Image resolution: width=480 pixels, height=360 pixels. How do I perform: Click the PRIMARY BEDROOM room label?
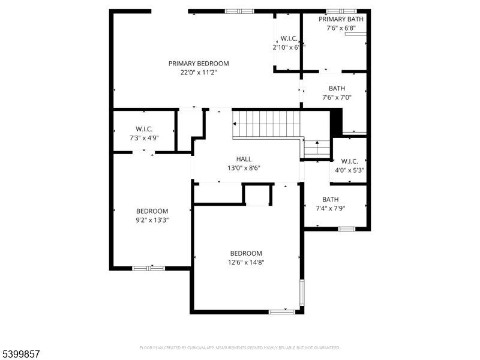(199, 63)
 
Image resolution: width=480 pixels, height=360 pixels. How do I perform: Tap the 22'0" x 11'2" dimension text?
(199, 73)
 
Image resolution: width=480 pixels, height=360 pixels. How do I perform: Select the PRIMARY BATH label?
(341, 19)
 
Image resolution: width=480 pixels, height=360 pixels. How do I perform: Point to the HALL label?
(244, 159)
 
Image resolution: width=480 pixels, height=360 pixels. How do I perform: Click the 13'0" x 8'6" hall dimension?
(244, 168)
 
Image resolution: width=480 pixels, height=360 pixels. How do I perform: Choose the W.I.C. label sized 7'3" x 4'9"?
(143, 129)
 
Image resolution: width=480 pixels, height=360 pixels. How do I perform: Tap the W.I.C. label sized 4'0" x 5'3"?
(349, 161)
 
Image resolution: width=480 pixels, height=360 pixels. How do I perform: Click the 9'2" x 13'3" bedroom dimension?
(152, 220)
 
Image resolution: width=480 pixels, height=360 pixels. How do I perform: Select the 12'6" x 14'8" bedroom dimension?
(247, 262)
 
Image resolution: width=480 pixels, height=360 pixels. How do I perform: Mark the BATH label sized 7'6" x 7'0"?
(337, 88)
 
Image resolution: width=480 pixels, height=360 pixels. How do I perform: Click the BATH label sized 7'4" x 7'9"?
(331, 200)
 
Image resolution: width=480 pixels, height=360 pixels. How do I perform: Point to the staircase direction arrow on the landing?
(317, 145)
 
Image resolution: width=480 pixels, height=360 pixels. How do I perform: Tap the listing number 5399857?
(21, 355)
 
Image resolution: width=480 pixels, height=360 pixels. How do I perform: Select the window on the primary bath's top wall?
(341, 11)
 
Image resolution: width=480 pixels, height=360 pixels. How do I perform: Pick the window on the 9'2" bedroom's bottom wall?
(148, 268)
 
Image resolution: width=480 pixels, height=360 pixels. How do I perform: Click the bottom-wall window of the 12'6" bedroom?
(281, 311)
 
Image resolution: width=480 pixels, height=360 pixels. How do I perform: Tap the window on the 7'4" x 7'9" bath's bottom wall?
(346, 229)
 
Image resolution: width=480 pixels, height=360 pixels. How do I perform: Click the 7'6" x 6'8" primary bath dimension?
(341, 28)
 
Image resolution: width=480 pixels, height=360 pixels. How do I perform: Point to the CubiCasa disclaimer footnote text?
(240, 347)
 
